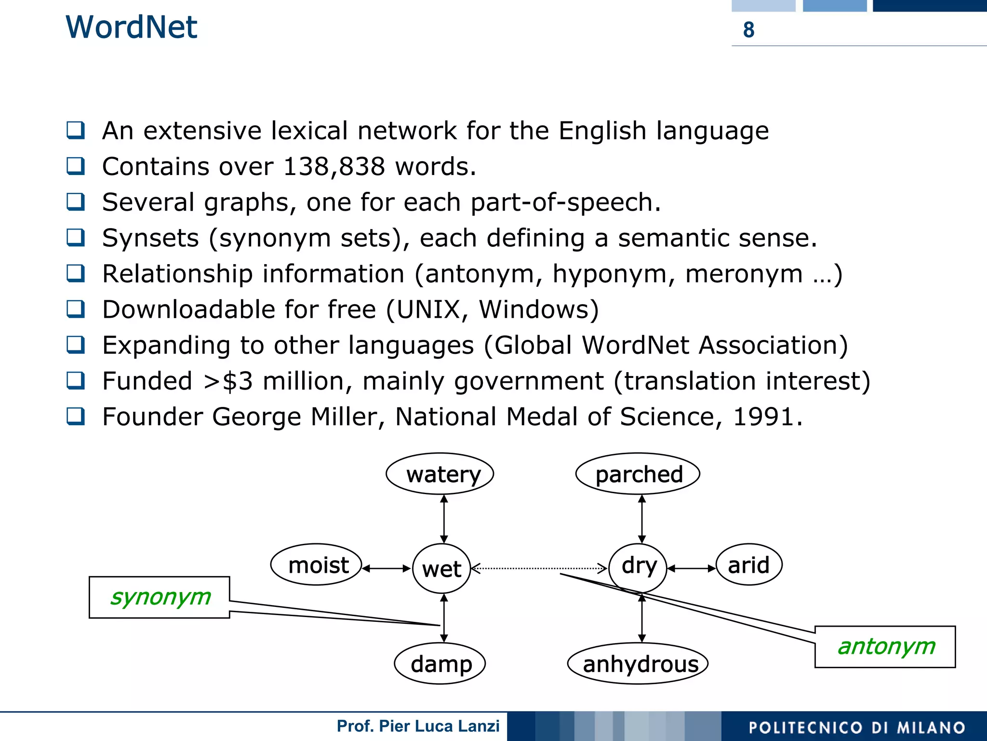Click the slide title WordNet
tap(131, 27)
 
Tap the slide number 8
tap(748, 30)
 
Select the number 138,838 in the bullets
tap(333, 167)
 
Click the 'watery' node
tap(440, 474)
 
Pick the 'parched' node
tap(638, 474)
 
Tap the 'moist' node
tap(317, 565)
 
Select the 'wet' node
tap(441, 569)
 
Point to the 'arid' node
tap(748, 565)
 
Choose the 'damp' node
tap(440, 663)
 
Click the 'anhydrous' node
tap(638, 663)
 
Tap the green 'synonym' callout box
tap(160, 597)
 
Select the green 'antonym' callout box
tap(885, 647)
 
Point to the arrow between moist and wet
tap(387, 568)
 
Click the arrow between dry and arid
tap(691, 568)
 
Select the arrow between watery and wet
tap(444, 519)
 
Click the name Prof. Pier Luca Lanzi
tap(418, 726)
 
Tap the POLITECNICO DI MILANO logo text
tap(856, 728)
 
